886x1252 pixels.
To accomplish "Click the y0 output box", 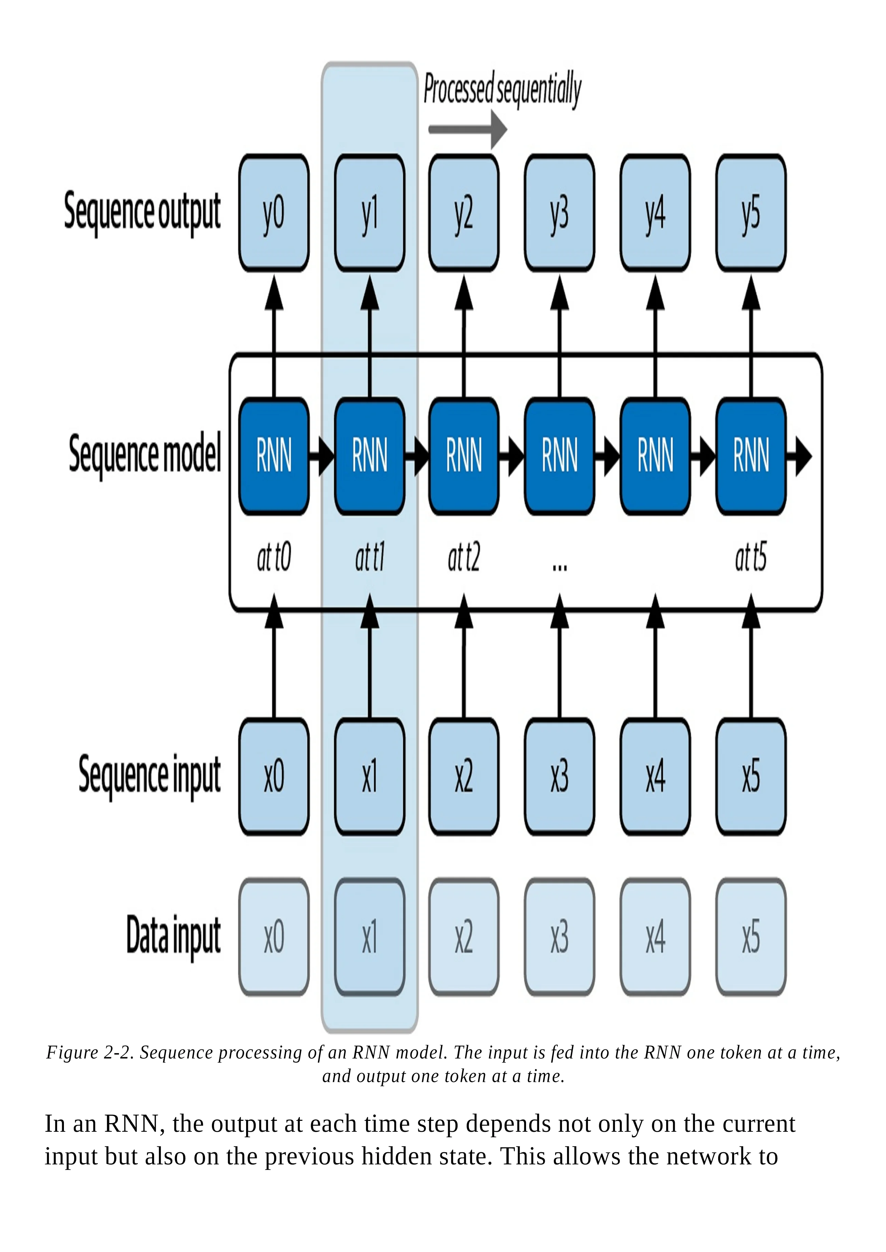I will [274, 213].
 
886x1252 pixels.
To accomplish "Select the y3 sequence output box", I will [559, 213].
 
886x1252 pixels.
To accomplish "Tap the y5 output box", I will [751, 213].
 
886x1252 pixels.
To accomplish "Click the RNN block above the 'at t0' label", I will [274, 455].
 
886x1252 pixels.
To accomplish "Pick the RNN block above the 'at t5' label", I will [751, 455].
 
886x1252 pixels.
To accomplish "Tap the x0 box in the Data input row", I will [274, 937].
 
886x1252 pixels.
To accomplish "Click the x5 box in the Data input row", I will [751, 937].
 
